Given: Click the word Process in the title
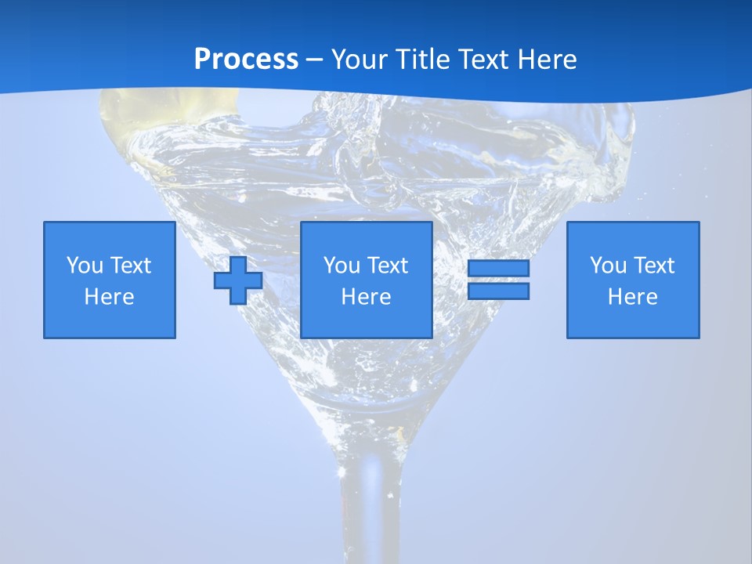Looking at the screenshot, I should [x=246, y=60].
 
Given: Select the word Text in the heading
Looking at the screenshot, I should [x=486, y=60].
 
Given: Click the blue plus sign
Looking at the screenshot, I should [x=238, y=280].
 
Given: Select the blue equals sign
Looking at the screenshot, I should [x=498, y=280].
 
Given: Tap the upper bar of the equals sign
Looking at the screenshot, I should [x=498, y=269].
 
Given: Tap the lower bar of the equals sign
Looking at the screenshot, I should [x=498, y=291].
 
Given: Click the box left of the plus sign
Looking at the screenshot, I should [x=110, y=280].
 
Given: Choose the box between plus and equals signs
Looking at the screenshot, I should [x=366, y=280].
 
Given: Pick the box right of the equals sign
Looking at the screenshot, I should [x=633, y=280].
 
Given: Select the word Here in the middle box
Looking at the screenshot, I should [x=366, y=297].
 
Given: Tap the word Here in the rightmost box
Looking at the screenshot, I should [x=633, y=297].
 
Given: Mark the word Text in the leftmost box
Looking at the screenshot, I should [x=130, y=266].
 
